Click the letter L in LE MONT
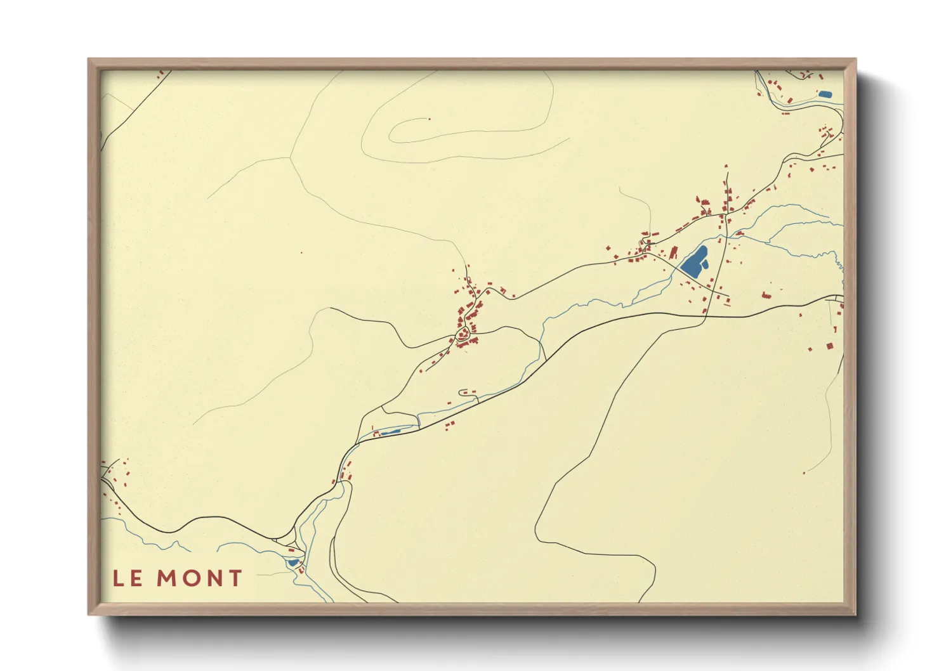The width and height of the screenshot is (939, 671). pos(118,578)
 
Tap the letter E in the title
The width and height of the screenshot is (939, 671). pos(136,578)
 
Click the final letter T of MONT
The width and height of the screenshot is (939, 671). pos(235,578)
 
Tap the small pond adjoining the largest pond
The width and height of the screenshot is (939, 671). pos(705,263)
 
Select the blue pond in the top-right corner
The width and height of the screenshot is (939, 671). pos(825,94)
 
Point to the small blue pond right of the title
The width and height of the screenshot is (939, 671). pos(292,563)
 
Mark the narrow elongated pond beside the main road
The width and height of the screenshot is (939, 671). pos(390,432)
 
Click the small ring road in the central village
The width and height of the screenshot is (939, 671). pos(463,334)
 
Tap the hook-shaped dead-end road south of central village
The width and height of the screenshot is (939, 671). pos(464,391)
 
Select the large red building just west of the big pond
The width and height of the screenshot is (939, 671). pos(673,254)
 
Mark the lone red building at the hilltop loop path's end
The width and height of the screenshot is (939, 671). pos(430,119)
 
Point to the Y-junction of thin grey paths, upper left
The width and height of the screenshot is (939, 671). pos(291,157)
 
